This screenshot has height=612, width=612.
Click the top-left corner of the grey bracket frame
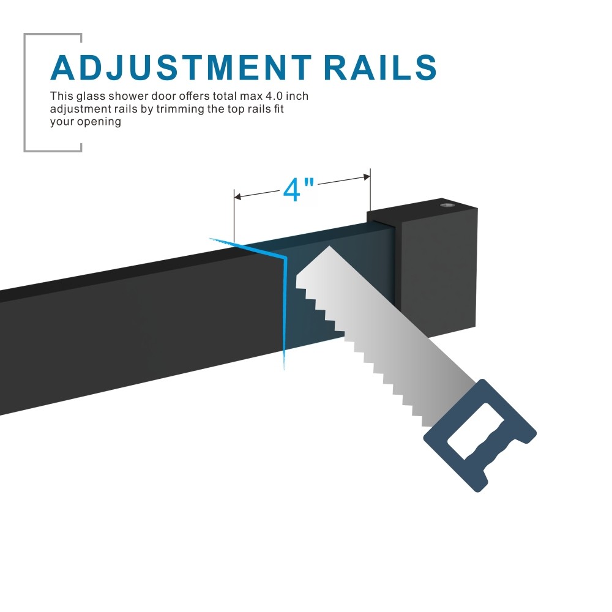[25, 35]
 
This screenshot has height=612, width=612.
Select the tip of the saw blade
[330, 247]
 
